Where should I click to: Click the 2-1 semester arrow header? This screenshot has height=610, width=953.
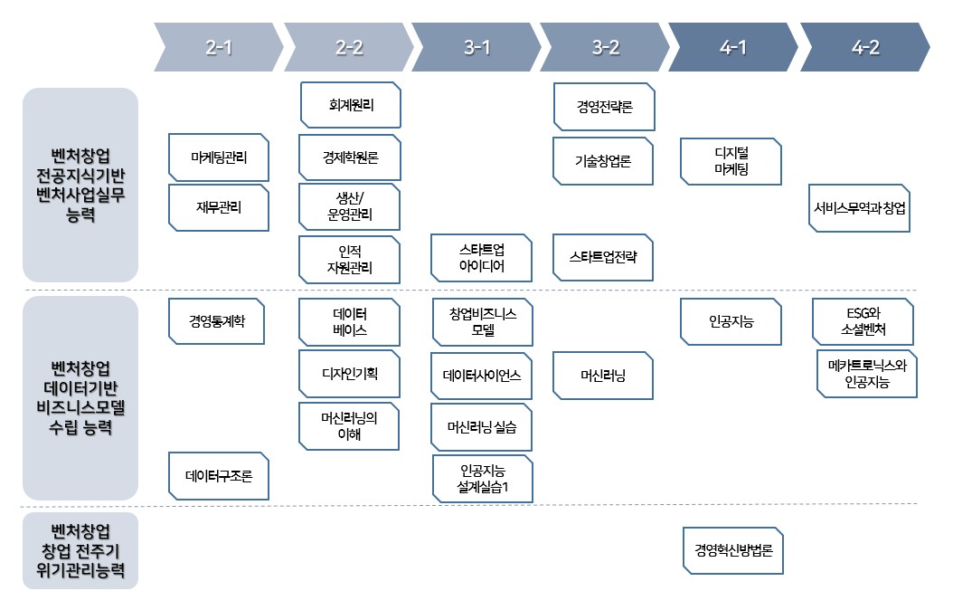219,48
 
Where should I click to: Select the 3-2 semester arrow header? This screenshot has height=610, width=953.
605,48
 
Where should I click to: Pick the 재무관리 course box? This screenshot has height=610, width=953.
219,207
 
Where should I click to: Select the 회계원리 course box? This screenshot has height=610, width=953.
350,106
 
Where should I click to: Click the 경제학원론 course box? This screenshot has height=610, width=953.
350,157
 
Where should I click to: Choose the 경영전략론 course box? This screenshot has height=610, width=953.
604,106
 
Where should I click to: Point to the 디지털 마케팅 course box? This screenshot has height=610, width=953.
731,161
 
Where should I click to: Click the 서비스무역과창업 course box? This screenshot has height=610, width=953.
859,208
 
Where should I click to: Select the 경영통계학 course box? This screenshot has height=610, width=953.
218,320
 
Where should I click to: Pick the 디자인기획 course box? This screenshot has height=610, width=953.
349,372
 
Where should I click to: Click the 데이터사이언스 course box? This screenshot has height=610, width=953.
481,375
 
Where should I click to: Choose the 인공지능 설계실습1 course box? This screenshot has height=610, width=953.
483,480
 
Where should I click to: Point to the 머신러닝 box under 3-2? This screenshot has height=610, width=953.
603,375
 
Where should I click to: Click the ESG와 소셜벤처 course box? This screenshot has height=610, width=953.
862,321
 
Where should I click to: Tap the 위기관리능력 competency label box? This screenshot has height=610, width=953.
80,550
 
